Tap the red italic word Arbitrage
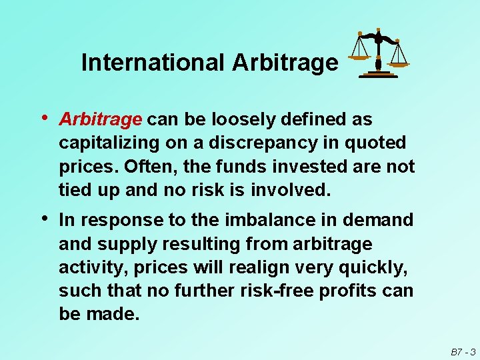(x=100, y=119)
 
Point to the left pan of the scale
(x=359, y=57)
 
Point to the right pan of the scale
(x=399, y=64)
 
